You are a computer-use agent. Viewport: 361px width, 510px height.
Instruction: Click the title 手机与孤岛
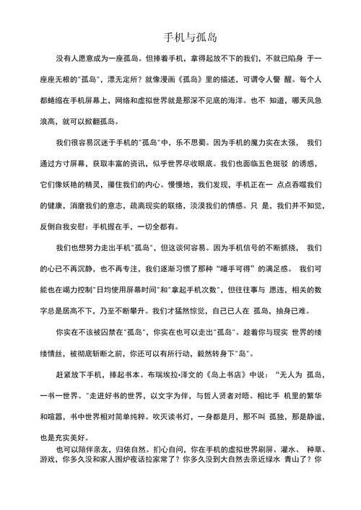coord(180,37)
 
